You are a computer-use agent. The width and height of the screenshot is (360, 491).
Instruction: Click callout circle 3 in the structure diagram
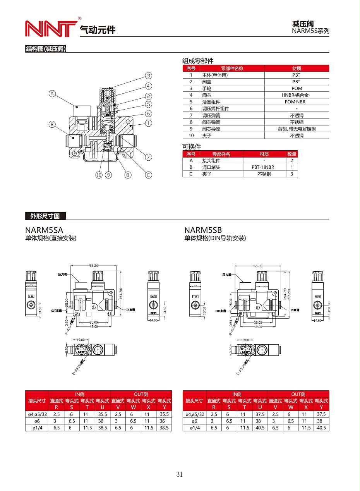click(149, 76)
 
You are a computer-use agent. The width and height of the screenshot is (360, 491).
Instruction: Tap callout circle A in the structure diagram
click(53, 93)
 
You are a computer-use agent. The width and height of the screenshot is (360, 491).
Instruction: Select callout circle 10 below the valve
click(99, 175)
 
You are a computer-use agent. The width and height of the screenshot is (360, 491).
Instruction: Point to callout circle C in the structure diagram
click(149, 175)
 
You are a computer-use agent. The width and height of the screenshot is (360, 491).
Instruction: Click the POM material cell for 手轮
click(297, 88)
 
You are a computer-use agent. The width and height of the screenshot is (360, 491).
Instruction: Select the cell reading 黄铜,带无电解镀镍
click(297, 129)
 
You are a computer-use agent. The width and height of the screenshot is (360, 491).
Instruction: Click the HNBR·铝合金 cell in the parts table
click(297, 95)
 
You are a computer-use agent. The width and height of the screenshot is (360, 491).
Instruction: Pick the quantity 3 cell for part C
click(291, 174)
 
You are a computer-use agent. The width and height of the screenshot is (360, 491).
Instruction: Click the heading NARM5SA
click(44, 230)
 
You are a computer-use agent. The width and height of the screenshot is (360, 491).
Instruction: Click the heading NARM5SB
click(203, 230)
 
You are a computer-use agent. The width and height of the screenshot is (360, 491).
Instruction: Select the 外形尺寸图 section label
click(45, 216)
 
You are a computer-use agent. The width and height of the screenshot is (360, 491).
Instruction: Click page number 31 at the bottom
click(179, 474)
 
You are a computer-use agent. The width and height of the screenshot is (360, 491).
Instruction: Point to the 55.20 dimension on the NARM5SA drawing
click(93, 266)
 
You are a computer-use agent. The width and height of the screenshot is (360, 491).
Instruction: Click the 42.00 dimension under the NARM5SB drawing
click(257, 327)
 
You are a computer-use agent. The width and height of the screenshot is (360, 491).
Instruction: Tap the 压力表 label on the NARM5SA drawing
click(63, 274)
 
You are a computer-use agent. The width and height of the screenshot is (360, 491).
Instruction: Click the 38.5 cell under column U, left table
click(102, 428)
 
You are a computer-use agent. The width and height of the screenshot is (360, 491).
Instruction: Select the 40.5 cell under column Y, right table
click(321, 428)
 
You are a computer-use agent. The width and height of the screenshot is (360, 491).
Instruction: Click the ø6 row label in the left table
click(37, 421)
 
